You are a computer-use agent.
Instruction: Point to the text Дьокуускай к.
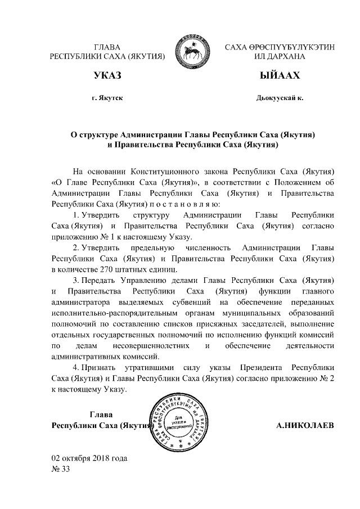[280, 98]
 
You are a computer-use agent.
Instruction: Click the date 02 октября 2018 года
[89, 457]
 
